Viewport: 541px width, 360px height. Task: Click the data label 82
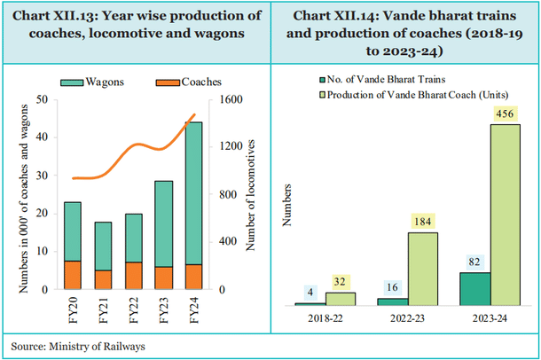tap(475, 262)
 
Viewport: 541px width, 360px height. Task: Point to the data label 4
tap(310, 293)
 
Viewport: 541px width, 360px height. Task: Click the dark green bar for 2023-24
tap(475, 289)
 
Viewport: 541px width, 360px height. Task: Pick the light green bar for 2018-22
tap(341, 299)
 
